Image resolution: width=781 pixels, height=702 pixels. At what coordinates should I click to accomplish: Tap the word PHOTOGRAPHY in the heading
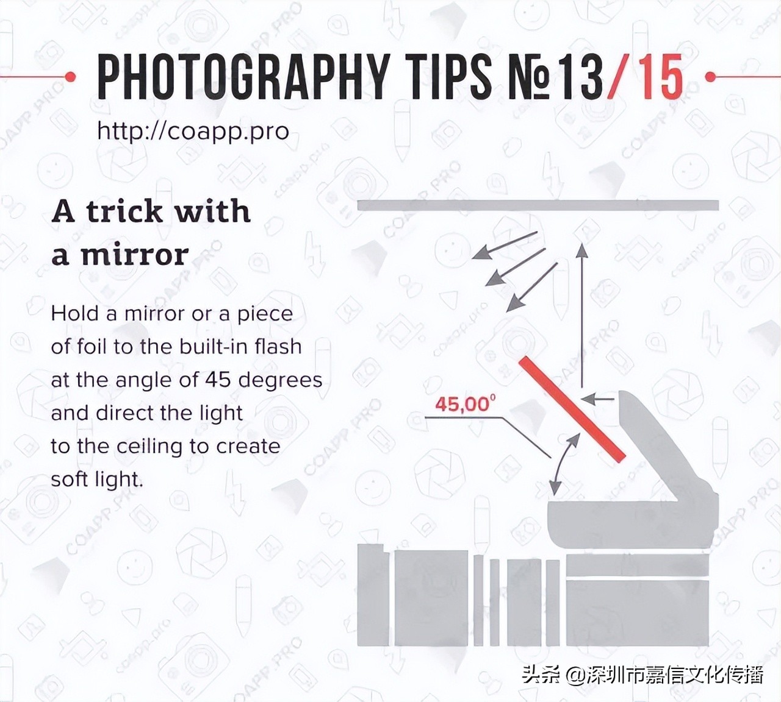243,77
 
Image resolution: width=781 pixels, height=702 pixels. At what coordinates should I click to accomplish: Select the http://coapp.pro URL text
193,131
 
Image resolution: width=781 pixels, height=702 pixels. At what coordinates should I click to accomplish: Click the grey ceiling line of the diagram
538,205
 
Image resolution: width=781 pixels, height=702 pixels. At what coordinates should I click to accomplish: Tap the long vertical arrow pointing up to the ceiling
582,316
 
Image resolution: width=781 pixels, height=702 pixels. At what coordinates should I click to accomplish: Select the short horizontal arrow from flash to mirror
597,399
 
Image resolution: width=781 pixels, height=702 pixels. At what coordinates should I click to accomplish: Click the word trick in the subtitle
124,211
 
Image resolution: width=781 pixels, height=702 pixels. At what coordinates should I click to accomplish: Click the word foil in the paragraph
90,346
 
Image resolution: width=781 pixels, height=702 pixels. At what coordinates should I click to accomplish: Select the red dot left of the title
70,77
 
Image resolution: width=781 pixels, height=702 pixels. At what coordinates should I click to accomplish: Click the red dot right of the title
711,77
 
